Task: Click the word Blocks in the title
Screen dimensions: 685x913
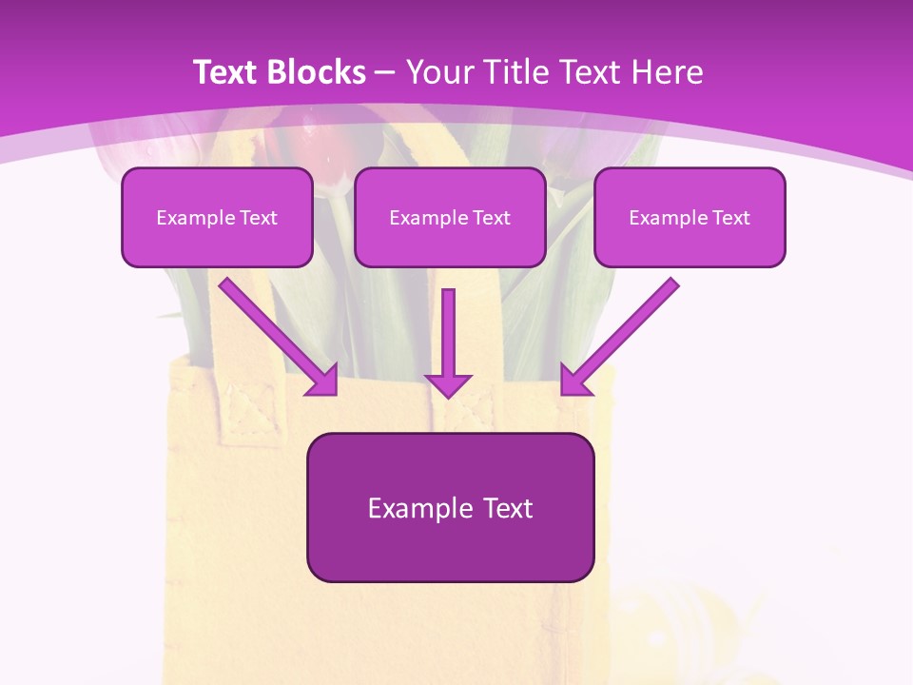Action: [318, 72]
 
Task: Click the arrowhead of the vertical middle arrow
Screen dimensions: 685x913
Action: [448, 384]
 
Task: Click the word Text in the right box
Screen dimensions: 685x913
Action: [731, 218]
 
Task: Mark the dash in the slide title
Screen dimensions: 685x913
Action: [385, 72]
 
